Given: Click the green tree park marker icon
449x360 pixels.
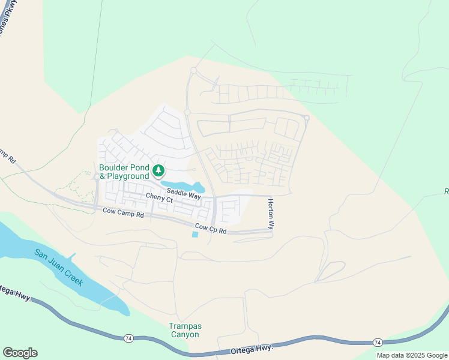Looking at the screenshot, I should pyautogui.click(x=158, y=171).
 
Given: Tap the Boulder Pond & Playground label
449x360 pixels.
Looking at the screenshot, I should pyautogui.click(x=124, y=172).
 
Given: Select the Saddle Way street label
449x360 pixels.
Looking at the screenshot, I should pyautogui.click(x=184, y=195).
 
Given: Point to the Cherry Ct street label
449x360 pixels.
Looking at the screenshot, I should pyautogui.click(x=159, y=198).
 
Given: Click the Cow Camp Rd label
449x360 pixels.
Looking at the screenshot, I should pyautogui.click(x=123, y=212).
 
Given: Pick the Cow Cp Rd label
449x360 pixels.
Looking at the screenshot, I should pyautogui.click(x=210, y=229).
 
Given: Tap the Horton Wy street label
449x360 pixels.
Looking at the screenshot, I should pyautogui.click(x=271, y=215).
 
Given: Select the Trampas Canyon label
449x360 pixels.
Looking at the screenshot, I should pyautogui.click(x=184, y=330).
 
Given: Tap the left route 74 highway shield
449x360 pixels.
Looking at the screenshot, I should pyautogui.click(x=129, y=339).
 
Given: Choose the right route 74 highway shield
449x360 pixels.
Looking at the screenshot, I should pyautogui.click(x=377, y=342).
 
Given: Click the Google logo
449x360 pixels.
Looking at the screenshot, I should pyautogui.click(x=20, y=353).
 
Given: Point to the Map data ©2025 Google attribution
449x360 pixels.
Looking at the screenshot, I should pyautogui.click(x=412, y=355).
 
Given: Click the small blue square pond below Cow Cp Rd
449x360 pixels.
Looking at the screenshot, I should pyautogui.click(x=194, y=234).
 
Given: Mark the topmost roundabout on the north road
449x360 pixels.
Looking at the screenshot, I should pyautogui.click(x=193, y=71).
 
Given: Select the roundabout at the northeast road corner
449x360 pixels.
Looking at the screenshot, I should pyautogui.click(x=307, y=118).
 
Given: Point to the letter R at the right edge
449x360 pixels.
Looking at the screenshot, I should pyautogui.click(x=446, y=191).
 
